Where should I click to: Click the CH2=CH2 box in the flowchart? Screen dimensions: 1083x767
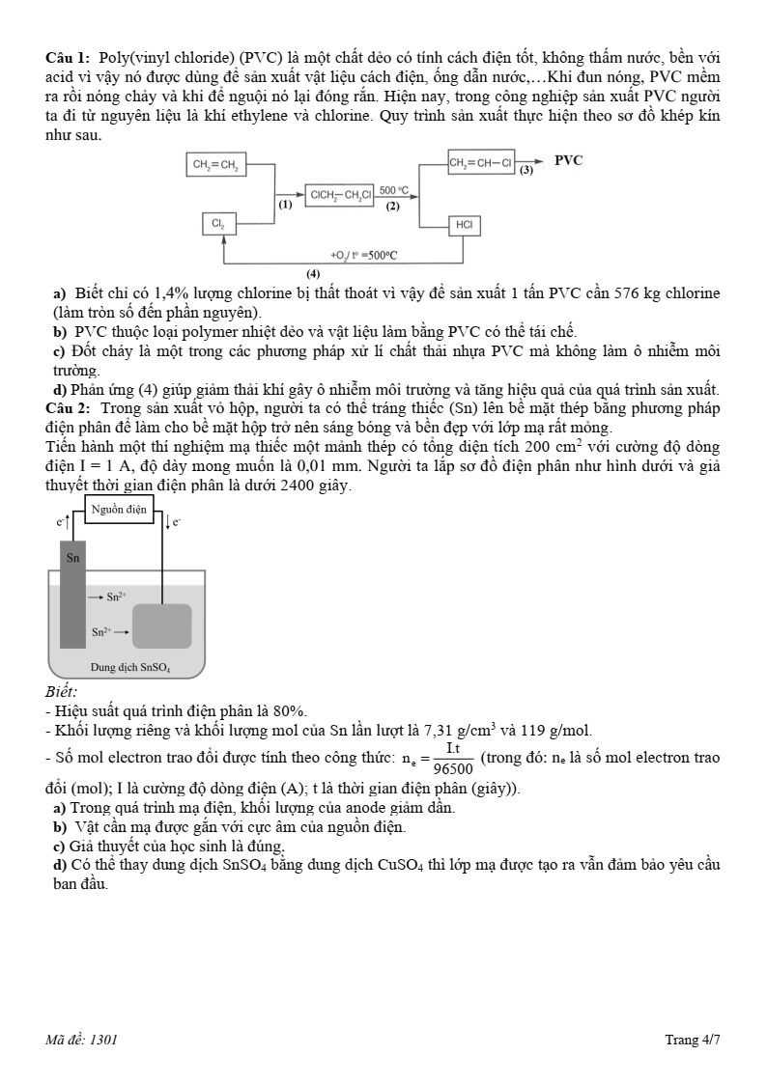215,165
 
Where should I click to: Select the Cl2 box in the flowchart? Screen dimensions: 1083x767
217,224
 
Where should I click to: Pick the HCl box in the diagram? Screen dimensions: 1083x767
464,225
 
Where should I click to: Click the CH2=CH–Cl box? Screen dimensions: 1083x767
481,162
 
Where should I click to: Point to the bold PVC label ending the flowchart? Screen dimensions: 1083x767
568,161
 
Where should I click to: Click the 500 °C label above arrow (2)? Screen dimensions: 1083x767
393,190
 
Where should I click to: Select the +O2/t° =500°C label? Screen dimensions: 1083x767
363,256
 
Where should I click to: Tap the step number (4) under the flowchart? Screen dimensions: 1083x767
313,275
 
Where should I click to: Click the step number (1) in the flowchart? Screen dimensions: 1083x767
285,206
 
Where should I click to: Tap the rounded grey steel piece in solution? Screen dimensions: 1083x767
161,625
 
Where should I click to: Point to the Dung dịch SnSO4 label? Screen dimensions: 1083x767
130,667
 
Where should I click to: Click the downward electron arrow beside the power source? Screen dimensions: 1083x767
168,522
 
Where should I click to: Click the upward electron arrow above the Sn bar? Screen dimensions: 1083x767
66,522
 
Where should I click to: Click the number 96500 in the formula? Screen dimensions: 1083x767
453,769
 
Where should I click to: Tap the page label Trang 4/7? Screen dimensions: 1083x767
692,1040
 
